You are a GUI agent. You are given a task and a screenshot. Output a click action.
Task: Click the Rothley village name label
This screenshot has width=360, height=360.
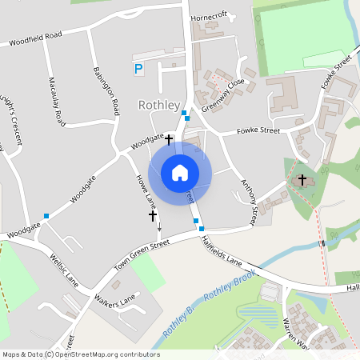[157, 105]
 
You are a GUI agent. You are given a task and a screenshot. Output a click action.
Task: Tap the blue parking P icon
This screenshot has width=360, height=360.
[138, 70]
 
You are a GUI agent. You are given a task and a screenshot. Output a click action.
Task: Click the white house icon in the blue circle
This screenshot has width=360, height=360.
[180, 173]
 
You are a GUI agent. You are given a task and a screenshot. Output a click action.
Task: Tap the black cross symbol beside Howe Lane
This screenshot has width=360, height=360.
[153, 216]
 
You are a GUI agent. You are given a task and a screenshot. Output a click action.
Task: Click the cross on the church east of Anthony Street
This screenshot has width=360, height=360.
[302, 179]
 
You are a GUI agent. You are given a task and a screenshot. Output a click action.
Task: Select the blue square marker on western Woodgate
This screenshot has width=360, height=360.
[46, 216]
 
